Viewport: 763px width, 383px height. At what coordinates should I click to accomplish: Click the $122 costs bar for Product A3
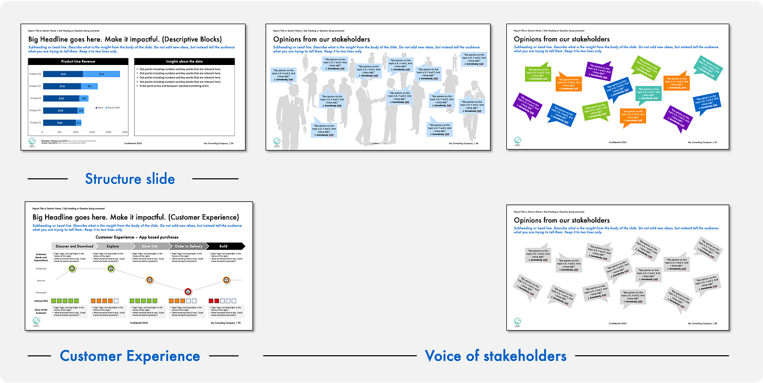click(63, 74)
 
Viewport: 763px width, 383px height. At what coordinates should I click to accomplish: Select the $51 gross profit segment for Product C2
click(89, 86)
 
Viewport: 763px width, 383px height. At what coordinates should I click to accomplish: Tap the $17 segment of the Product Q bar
click(79, 123)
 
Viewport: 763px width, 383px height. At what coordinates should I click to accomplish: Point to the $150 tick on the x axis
click(92, 132)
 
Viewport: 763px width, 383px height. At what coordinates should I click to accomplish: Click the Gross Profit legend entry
click(114, 107)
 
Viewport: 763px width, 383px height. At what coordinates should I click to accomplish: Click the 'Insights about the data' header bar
click(184, 61)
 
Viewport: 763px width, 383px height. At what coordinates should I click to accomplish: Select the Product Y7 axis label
click(35, 111)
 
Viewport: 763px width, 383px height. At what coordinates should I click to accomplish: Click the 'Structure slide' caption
click(130, 179)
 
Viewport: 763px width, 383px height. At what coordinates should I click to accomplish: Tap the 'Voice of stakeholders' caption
click(495, 356)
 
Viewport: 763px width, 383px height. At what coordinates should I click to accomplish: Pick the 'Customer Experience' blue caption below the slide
click(130, 356)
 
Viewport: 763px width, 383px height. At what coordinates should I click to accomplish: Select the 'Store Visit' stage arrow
click(150, 246)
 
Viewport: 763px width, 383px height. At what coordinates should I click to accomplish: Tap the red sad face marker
click(188, 291)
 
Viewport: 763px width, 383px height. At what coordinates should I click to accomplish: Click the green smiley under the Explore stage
click(111, 269)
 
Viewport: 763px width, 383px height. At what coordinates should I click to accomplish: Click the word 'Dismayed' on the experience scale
click(40, 292)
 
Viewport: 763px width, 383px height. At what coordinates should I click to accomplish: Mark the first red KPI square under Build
click(211, 301)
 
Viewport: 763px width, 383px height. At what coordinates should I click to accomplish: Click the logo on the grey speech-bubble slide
click(518, 321)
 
